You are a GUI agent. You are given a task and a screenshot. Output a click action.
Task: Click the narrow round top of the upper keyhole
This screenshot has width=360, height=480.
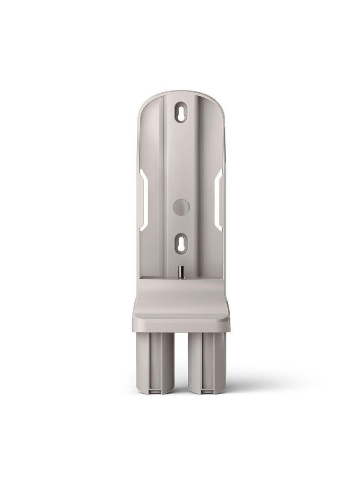coord(180,108)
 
